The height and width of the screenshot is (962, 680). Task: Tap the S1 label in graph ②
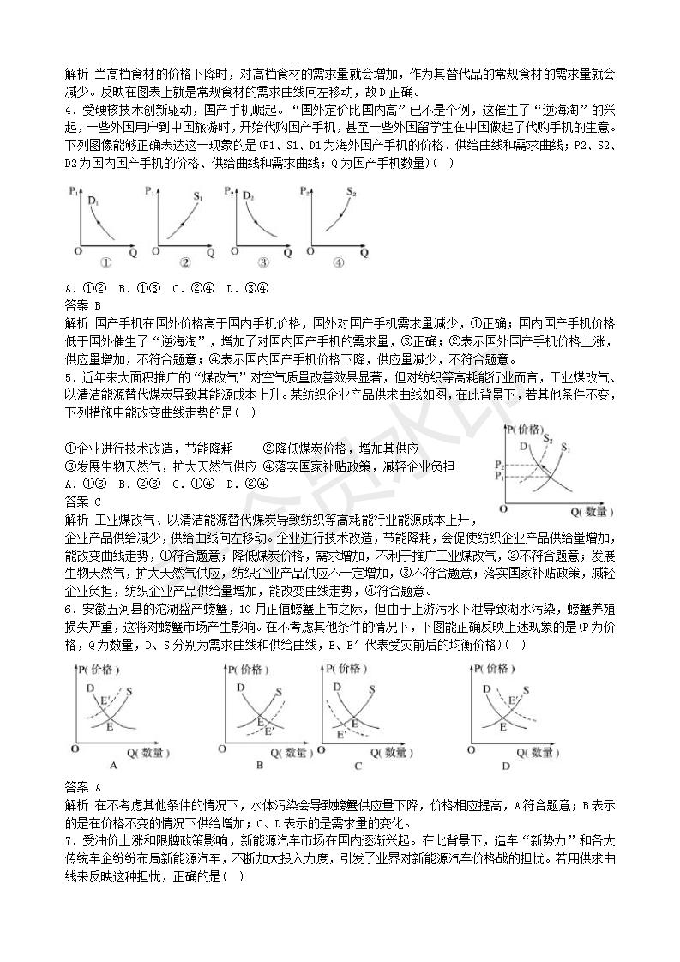point(197,197)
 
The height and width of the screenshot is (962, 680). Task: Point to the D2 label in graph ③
point(248,196)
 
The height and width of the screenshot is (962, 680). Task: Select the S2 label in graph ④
point(352,192)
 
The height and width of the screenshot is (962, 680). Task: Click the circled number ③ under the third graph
point(263,263)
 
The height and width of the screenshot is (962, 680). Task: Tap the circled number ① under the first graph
point(107,263)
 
